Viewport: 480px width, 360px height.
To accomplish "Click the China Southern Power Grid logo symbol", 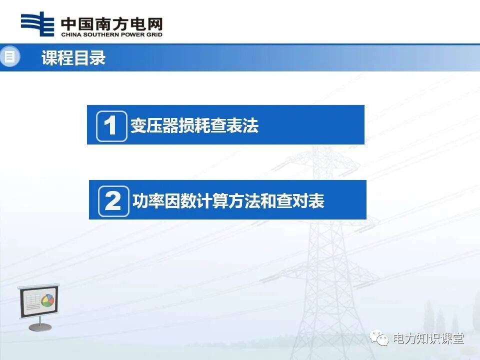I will (x=37, y=24).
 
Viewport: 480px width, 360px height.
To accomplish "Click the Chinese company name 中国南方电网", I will (x=111, y=23).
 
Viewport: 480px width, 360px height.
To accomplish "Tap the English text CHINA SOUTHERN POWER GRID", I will (x=111, y=35).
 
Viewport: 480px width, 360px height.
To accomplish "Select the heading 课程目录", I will (x=73, y=58).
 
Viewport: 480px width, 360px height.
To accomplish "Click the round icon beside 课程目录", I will (x=9, y=57).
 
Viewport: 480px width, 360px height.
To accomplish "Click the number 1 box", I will (x=111, y=125).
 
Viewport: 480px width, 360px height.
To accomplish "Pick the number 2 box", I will (x=113, y=201).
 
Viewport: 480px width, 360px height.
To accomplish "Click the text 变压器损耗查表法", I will (x=194, y=125).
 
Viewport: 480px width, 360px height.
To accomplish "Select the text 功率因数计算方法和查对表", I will (x=228, y=201).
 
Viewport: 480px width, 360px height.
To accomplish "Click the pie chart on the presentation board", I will (x=48, y=300).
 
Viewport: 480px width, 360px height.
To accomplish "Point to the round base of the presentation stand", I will (x=40, y=327).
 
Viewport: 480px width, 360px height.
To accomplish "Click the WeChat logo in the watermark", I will (x=380, y=338).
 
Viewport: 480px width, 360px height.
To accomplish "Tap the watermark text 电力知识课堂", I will (x=428, y=338).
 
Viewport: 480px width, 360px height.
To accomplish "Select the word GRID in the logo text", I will (x=155, y=35).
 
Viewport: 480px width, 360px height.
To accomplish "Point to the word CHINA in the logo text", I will (x=70, y=35).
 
